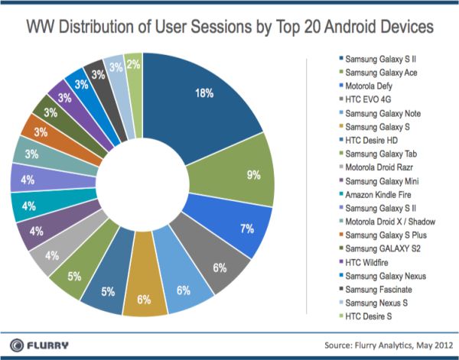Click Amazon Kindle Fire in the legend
[x=379, y=195]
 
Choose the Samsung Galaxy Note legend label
[x=382, y=113]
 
